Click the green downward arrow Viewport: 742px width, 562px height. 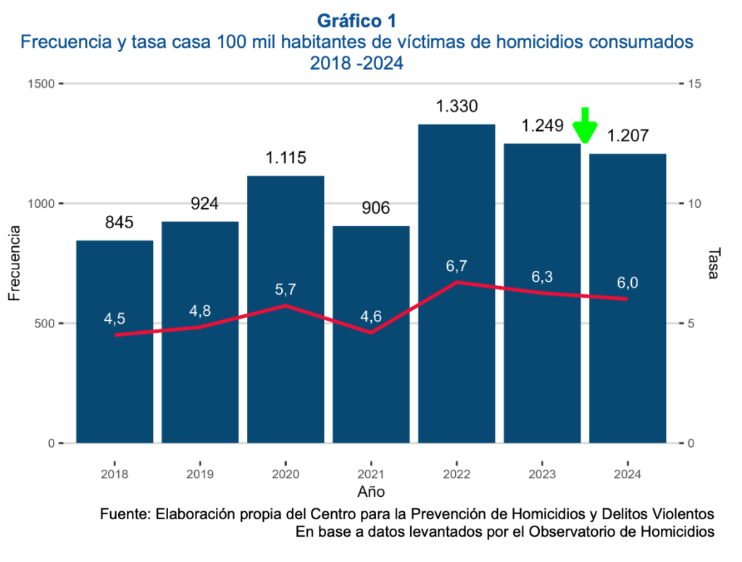click(x=585, y=126)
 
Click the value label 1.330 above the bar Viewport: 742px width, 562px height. click(x=457, y=106)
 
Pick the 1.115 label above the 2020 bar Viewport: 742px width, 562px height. click(x=285, y=158)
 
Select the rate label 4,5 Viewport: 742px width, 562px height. click(x=114, y=318)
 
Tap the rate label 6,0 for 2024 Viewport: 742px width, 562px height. click(x=628, y=282)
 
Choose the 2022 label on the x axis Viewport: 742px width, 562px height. click(x=457, y=474)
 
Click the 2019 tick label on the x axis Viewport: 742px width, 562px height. click(x=200, y=474)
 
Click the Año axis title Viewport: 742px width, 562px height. click(x=371, y=492)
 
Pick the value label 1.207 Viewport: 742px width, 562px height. click(x=628, y=136)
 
